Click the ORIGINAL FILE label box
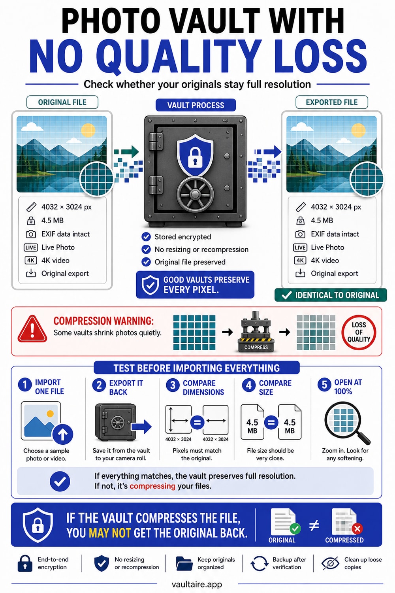point(62,102)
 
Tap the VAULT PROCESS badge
point(196,105)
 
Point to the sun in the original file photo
point(88,130)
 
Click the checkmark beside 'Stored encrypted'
point(146,237)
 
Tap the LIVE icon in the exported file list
point(300,247)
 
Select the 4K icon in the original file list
point(31,261)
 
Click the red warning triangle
point(32,329)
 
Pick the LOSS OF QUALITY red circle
point(359,332)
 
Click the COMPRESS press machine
point(256,332)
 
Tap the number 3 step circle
point(173,385)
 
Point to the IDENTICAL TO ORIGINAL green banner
point(331,295)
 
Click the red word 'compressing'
point(152,486)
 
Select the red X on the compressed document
point(357,529)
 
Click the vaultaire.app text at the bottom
point(197,584)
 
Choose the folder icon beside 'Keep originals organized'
point(184,563)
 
